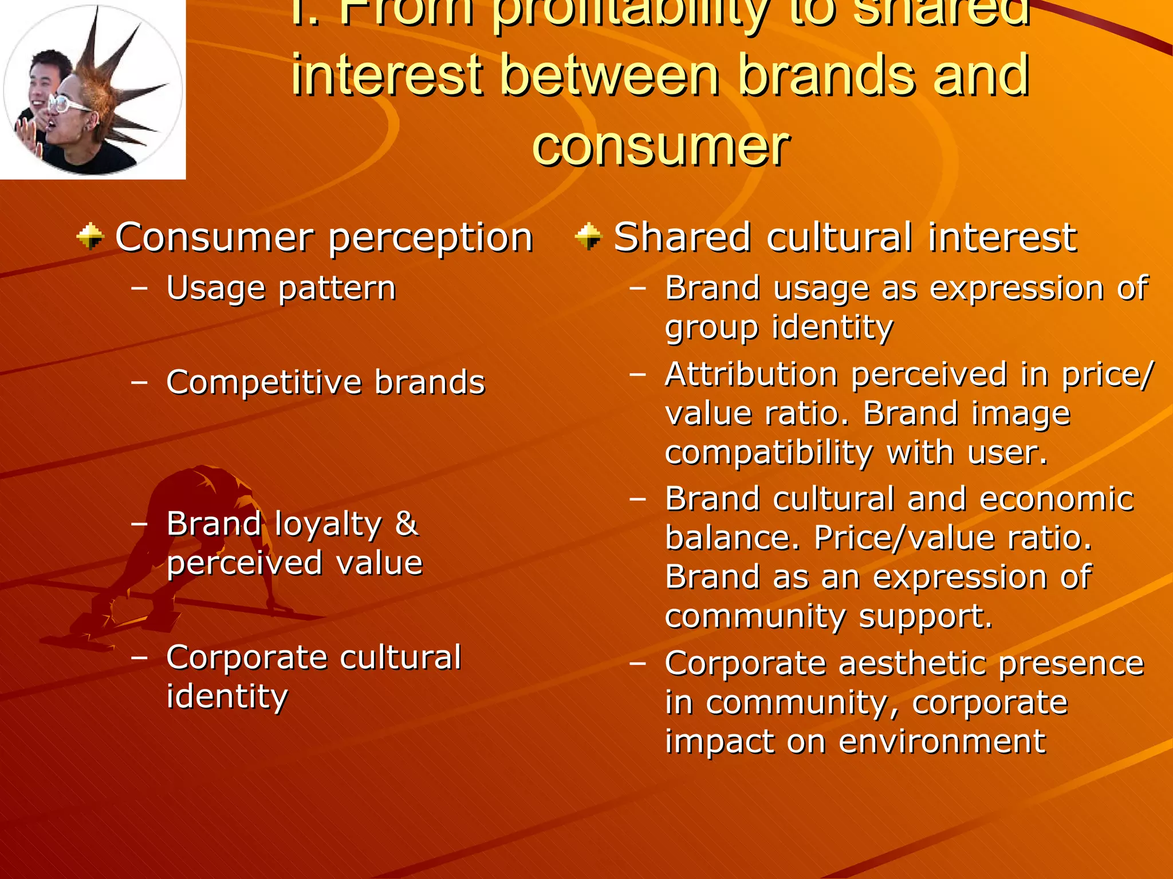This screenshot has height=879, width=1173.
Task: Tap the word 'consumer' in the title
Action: coord(661,146)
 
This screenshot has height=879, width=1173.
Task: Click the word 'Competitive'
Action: coord(263,382)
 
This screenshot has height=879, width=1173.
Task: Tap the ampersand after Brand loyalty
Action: coord(406,524)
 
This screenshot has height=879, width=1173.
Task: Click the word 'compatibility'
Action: coord(769,453)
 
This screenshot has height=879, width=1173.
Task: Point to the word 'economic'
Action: coord(1056,499)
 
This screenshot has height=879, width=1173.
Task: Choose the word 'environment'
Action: coord(942,742)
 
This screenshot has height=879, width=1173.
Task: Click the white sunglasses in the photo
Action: coord(69,104)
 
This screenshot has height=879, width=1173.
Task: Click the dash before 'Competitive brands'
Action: coord(139,382)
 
